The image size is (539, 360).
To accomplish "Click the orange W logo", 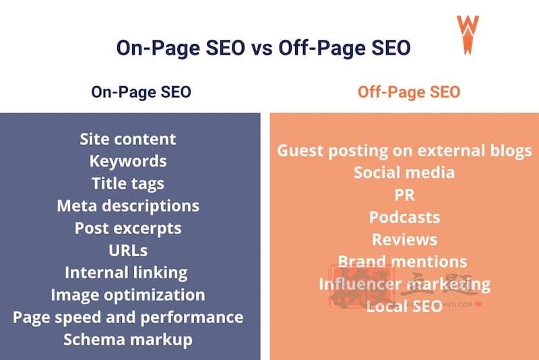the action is [468, 35].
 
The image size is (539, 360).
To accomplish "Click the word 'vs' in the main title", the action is [262, 48].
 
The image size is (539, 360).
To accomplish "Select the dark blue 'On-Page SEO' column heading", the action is [141, 92].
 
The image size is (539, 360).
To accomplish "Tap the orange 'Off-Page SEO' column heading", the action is [409, 92].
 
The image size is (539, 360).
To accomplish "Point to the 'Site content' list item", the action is [128, 140].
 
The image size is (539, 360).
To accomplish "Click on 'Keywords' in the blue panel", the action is [128, 161].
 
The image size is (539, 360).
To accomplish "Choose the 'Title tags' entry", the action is [128, 183].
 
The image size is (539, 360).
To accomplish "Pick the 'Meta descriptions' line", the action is [128, 206].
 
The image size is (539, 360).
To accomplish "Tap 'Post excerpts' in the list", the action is [128, 229].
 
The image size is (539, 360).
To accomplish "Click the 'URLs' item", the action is [128, 251].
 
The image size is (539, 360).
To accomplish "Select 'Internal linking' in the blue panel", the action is [126, 273].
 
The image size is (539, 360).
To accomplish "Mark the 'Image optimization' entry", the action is [128, 295].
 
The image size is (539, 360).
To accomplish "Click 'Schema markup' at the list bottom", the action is [128, 340].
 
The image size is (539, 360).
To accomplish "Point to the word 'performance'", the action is [192, 318].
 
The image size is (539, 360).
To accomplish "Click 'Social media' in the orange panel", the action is [404, 173].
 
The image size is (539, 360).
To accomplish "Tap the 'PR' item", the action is [405, 195].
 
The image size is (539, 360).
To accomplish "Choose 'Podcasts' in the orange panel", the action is [405, 217].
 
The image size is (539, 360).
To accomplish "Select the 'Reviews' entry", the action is [405, 239].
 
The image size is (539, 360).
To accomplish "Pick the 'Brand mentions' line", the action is [402, 262].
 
